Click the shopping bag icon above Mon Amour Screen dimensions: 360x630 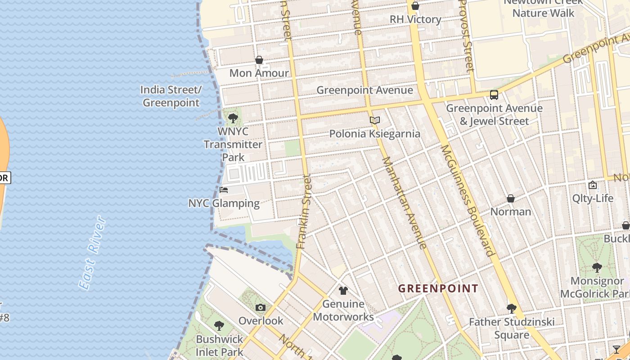(x=259, y=60)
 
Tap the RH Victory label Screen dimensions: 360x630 (x=415, y=19)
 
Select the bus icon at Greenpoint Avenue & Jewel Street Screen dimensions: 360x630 (x=494, y=95)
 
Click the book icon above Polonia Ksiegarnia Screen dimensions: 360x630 (x=375, y=121)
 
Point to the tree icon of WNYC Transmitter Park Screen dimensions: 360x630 (x=233, y=118)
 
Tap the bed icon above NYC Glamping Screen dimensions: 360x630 (x=224, y=190)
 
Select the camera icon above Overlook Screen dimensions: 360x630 (x=261, y=308)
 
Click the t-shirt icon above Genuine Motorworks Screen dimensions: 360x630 (x=343, y=291)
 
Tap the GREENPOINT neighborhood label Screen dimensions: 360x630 (x=438, y=288)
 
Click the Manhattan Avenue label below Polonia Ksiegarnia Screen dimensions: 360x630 (x=404, y=202)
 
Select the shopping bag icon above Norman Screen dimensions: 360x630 (x=511, y=198)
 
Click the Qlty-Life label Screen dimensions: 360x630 (x=593, y=198)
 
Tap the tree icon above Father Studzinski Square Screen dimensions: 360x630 (x=511, y=309)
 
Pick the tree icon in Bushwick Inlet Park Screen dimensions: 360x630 (x=219, y=325)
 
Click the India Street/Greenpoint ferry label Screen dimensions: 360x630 (x=171, y=96)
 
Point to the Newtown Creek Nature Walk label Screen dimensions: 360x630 (x=543, y=8)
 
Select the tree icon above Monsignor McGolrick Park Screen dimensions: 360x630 (x=597, y=268)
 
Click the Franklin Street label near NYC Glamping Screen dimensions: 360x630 (x=304, y=211)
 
